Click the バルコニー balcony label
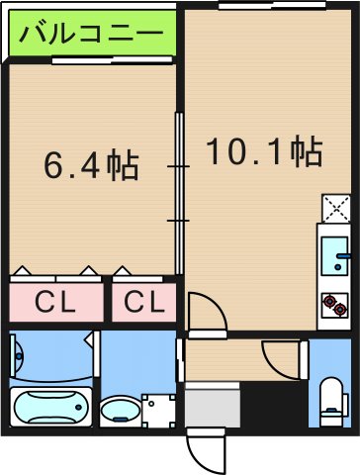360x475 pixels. point(90,34)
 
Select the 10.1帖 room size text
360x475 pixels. point(263,150)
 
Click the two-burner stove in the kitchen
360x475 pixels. point(333,303)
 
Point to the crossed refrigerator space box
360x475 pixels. point(334,208)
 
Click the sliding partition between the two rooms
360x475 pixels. point(179,193)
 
